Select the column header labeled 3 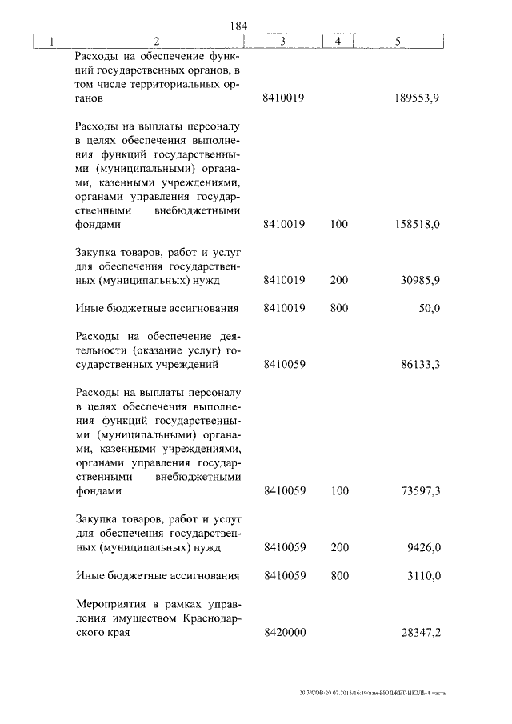(283, 41)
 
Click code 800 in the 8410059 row (338, 576)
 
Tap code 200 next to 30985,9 (338, 281)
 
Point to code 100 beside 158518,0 (338, 226)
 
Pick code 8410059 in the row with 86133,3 (284, 364)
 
